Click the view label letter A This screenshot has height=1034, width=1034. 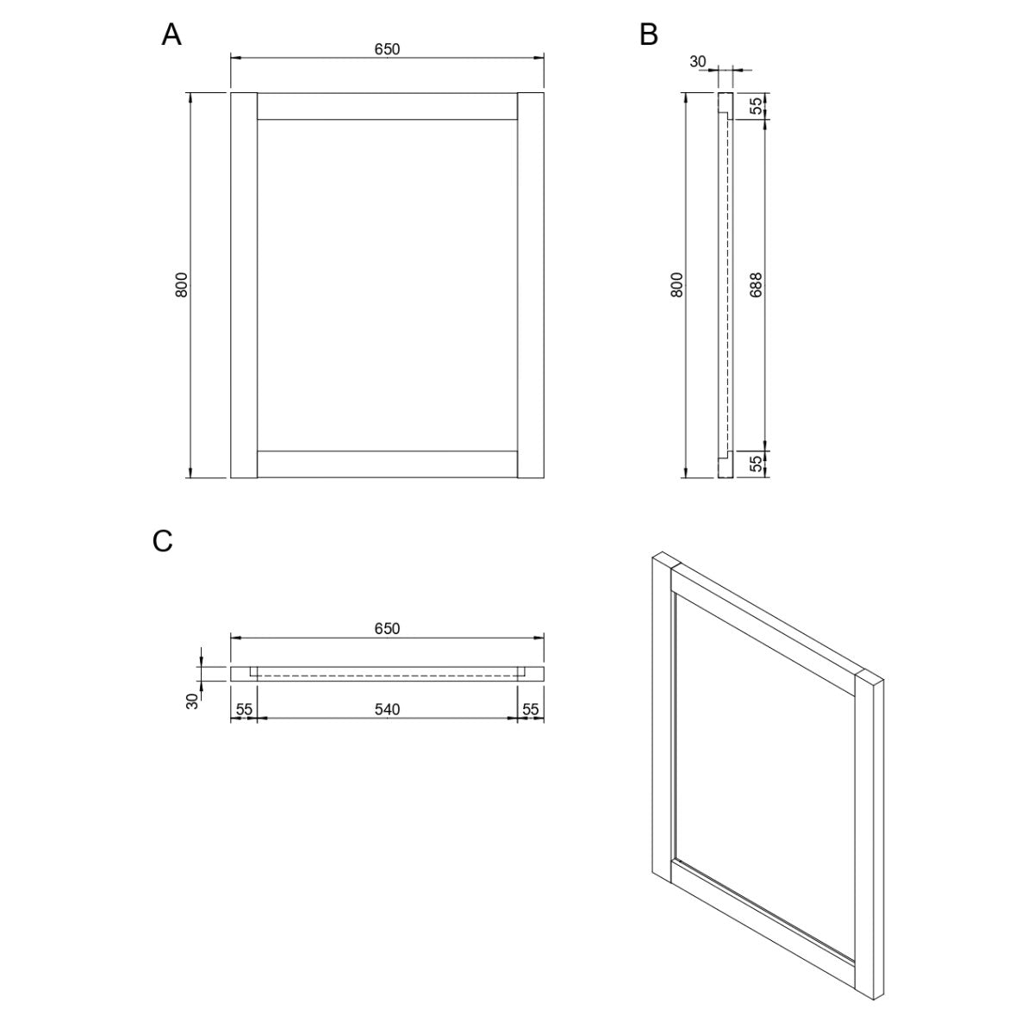[x=171, y=34]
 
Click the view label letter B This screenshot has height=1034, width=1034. [x=649, y=34]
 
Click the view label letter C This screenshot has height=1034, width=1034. [x=163, y=541]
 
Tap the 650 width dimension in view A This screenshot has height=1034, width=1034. [x=387, y=49]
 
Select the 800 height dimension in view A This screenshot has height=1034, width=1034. [x=182, y=285]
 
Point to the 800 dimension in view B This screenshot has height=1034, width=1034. [x=677, y=285]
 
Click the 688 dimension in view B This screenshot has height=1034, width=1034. [x=756, y=285]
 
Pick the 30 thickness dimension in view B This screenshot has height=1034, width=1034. [x=698, y=62]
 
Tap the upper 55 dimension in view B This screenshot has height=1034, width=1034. [x=756, y=106]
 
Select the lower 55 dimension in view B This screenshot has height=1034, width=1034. [x=756, y=464]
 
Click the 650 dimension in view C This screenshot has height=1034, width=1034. [x=387, y=628]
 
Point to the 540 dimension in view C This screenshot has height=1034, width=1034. [x=387, y=709]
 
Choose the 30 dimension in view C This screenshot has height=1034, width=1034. [x=192, y=701]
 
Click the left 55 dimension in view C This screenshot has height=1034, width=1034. [x=244, y=709]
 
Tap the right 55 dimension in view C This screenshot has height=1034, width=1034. [x=530, y=709]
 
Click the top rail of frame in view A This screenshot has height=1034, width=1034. [x=387, y=106]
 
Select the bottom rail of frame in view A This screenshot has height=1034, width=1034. [x=387, y=464]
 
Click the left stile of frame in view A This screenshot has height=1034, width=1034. [x=244, y=285]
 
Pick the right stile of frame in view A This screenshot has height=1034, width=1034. [x=531, y=285]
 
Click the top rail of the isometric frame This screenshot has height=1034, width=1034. [x=764, y=632]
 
